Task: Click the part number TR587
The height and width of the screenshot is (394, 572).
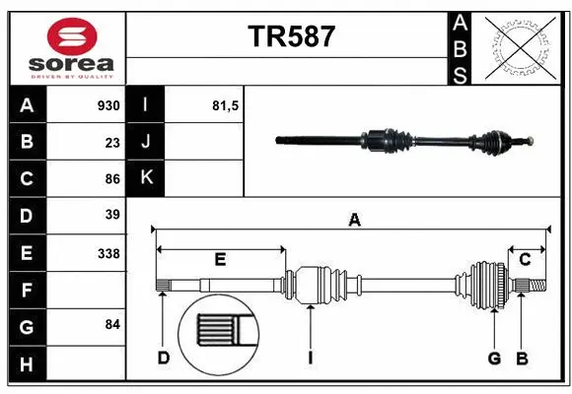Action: coord(291,36)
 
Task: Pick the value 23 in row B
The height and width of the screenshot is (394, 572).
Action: coord(112,143)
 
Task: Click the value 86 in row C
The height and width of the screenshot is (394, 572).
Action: coord(112,179)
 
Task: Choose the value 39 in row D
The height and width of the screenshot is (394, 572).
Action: coord(112,215)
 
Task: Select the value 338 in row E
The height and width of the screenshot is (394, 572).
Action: coord(108,253)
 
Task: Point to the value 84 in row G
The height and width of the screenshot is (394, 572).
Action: coord(112,324)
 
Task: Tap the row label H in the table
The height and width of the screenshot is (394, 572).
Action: coord(27,364)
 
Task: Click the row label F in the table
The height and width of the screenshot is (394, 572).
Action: coord(27,290)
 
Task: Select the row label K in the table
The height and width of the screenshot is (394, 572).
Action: coord(146,178)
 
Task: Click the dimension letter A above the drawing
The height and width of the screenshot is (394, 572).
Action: coord(354,221)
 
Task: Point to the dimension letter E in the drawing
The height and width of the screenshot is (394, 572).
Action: coord(220,260)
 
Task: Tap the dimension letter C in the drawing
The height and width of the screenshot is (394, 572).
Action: coord(525,260)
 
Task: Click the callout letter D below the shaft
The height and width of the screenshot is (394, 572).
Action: coord(164,358)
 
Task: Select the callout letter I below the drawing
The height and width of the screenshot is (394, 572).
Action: coord(310,358)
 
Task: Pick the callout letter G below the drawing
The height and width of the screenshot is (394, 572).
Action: coord(494,358)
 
